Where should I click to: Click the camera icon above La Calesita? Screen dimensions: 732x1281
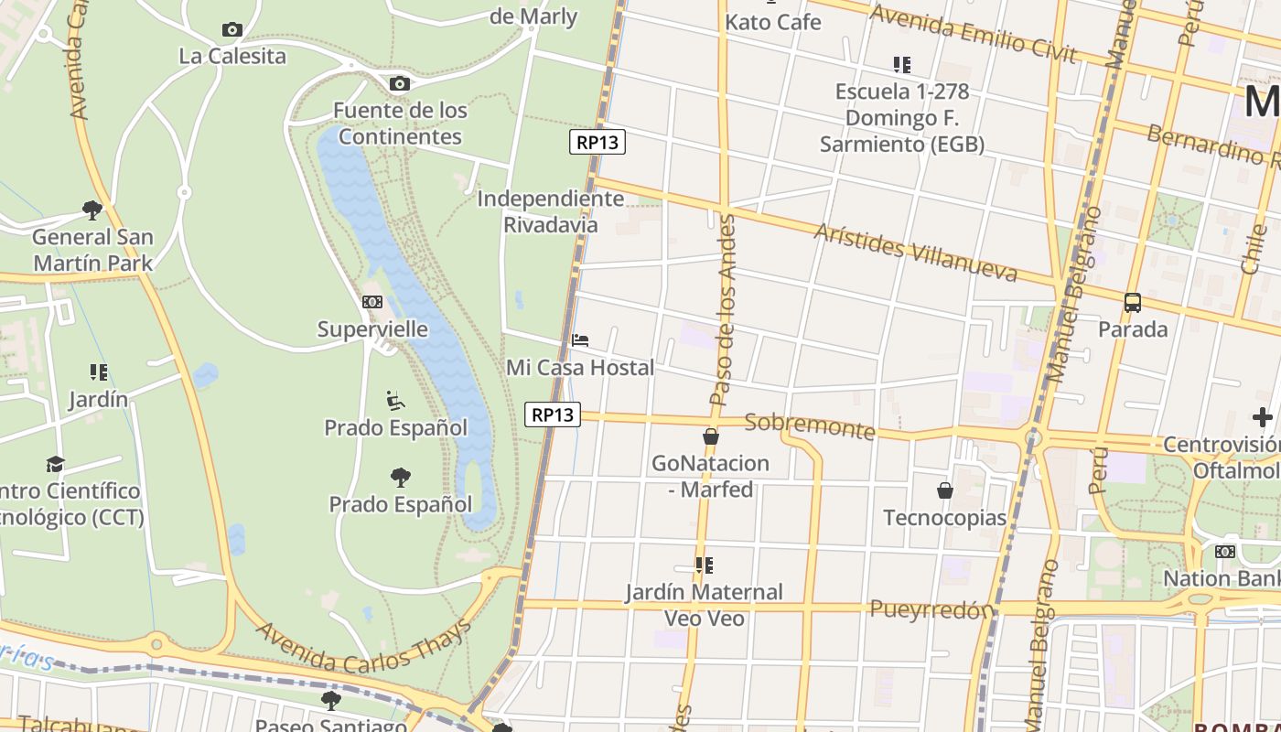(x=232, y=29)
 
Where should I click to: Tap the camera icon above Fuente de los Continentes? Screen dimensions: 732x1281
(x=399, y=84)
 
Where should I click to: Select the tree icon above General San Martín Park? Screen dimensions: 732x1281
(x=92, y=210)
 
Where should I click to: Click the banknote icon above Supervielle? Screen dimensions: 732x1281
(x=371, y=302)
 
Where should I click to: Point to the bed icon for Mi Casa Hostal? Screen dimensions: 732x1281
(x=580, y=340)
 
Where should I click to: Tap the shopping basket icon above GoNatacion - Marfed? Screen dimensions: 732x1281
(x=711, y=436)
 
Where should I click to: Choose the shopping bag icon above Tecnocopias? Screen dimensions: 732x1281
(x=945, y=490)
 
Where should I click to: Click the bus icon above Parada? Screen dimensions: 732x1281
(x=1133, y=302)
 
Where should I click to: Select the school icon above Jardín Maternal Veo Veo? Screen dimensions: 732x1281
(x=704, y=565)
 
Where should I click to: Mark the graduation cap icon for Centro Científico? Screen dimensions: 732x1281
(x=56, y=465)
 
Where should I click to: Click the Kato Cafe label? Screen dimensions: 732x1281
(x=773, y=22)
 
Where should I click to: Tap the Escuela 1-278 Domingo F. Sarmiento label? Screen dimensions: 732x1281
(x=902, y=118)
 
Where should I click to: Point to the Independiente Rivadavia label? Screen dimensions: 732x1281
(x=551, y=211)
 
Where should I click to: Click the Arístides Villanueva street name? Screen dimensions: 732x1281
(x=915, y=252)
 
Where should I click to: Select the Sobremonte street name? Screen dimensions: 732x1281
(x=810, y=426)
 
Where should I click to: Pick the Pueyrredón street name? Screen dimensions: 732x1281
(x=931, y=609)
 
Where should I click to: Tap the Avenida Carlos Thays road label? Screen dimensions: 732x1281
(x=364, y=648)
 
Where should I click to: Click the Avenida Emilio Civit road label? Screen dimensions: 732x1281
(x=972, y=34)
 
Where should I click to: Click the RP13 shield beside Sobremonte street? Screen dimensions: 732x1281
(x=554, y=414)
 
